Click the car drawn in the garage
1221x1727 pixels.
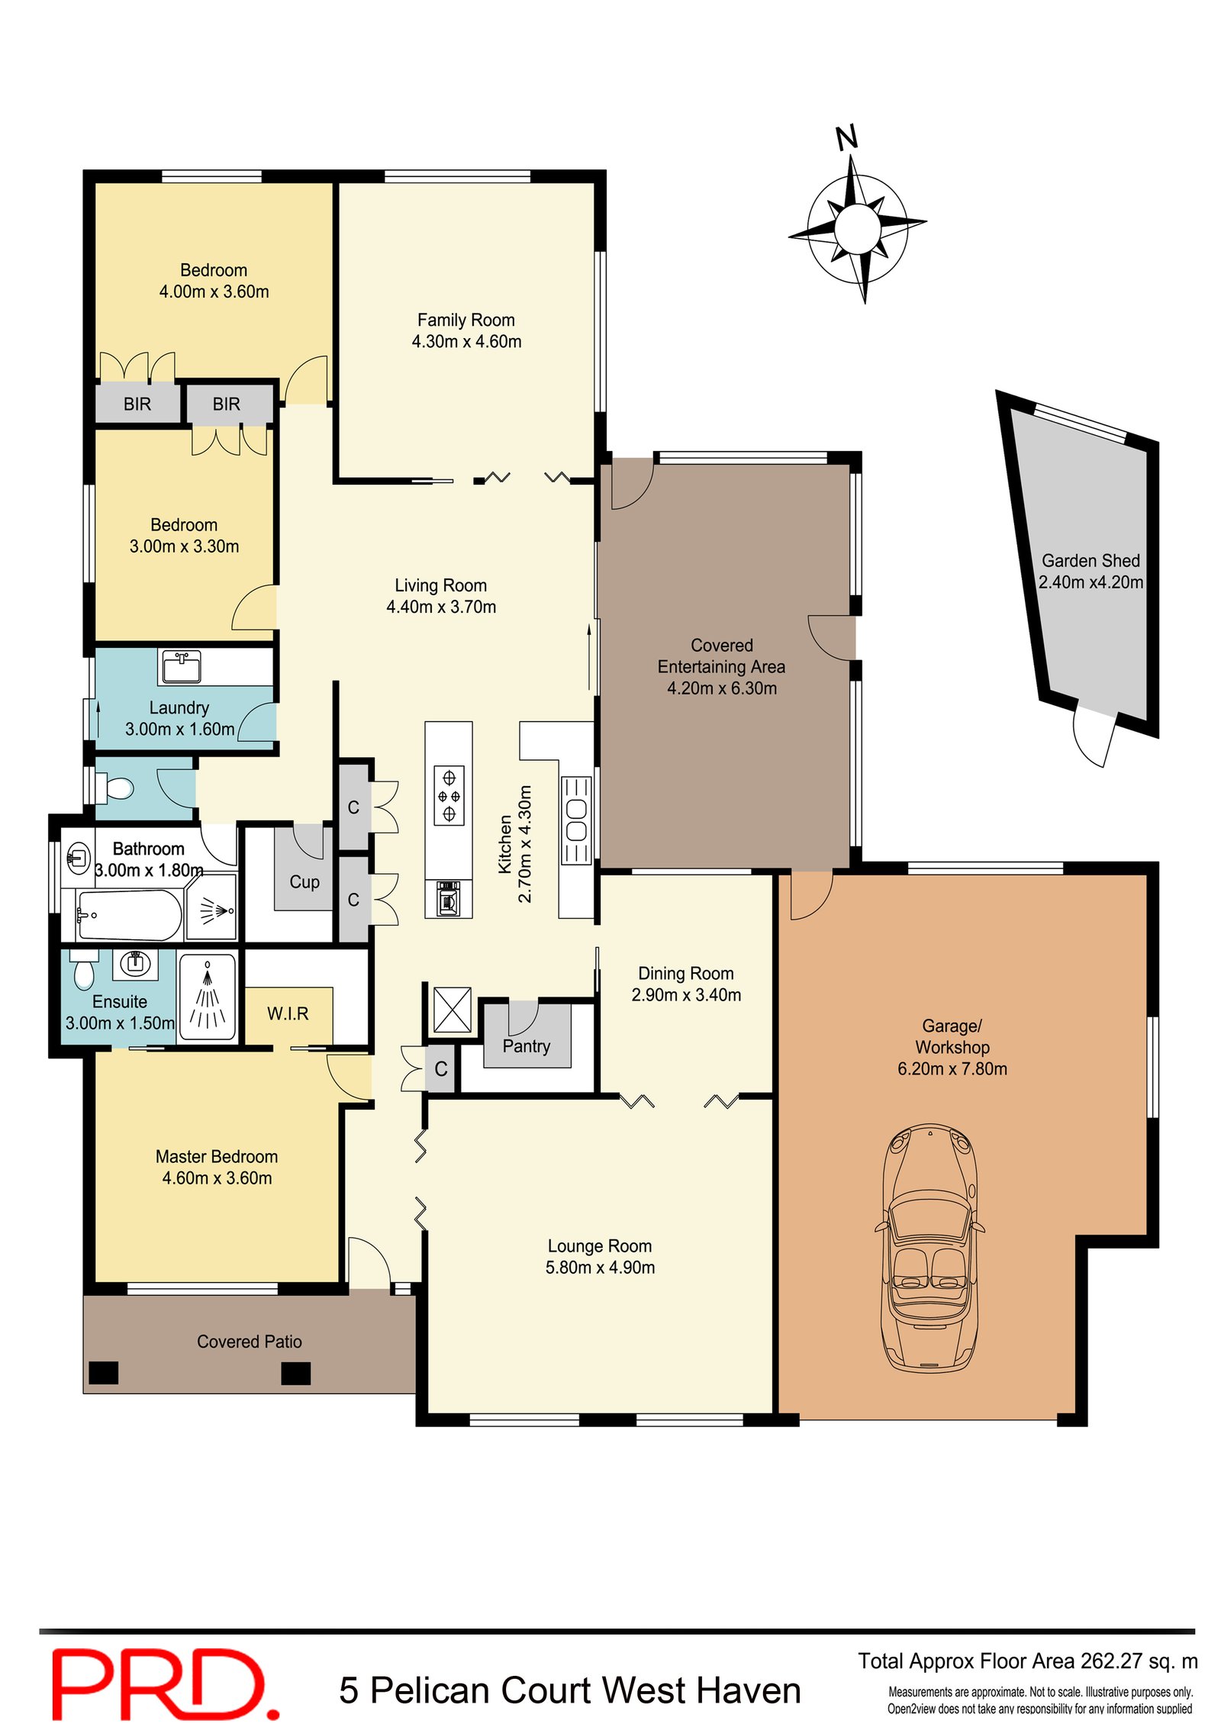[x=929, y=1249]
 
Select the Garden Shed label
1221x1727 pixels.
[x=1091, y=561]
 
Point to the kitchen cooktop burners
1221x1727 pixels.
[x=449, y=796]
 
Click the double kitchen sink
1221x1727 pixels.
[x=576, y=820]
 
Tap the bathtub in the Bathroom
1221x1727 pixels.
[x=129, y=915]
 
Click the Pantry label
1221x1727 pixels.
[x=526, y=1046]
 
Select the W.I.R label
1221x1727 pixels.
[x=288, y=1013]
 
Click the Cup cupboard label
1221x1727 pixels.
[x=304, y=882]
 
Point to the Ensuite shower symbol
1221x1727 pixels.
[x=207, y=997]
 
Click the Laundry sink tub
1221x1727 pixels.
[x=182, y=666]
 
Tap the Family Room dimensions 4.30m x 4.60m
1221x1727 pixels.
[x=466, y=342]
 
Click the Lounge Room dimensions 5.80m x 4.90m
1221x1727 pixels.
[x=600, y=1268]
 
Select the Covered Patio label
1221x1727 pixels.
[x=249, y=1342]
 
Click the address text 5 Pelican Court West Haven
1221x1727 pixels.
[x=569, y=1690]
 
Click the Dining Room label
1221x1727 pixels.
[x=685, y=974]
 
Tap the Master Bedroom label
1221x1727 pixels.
[x=217, y=1157]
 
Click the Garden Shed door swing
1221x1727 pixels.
[x=1091, y=736]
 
